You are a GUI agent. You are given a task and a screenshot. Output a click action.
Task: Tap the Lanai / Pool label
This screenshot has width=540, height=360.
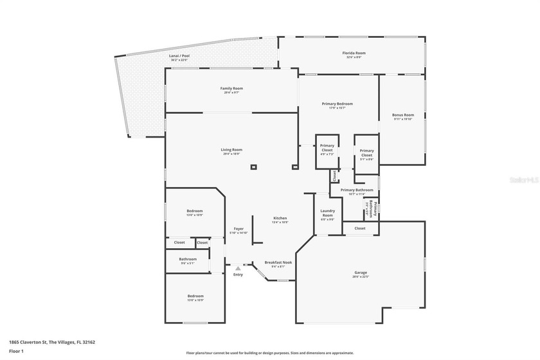coord(179,56)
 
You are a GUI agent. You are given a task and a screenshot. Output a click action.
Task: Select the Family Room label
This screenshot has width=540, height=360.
coord(231,88)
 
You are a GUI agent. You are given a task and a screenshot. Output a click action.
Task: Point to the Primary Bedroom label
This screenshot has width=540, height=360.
coord(337,104)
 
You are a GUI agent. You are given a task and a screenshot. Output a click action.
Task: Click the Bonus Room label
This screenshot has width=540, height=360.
coord(403,115)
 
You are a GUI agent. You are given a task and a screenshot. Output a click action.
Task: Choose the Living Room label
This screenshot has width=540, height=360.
coord(231,150)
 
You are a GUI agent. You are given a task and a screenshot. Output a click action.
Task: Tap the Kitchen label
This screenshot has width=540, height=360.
coord(280,218)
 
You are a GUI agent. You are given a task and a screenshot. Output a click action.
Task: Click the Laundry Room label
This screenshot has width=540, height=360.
coord(328,215)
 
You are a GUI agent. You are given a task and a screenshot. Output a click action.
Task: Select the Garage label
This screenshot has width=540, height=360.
coord(360,273)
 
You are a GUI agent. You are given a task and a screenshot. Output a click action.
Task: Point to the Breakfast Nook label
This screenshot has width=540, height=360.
coord(278,263)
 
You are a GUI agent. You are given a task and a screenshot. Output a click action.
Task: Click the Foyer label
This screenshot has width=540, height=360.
coord(239,229)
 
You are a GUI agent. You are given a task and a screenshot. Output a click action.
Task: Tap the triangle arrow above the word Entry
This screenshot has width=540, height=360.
coord(238,268)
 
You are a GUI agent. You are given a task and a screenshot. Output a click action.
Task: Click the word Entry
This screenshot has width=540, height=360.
coord(238,274)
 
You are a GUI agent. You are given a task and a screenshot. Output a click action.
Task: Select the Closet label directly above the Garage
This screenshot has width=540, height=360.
coord(360,228)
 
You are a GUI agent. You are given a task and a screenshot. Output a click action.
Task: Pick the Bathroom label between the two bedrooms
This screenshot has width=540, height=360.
coord(187,260)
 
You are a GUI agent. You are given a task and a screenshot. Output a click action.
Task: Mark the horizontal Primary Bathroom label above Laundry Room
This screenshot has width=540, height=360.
coord(357,190)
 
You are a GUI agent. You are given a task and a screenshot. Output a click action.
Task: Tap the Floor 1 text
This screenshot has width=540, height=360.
coord(17,351)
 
